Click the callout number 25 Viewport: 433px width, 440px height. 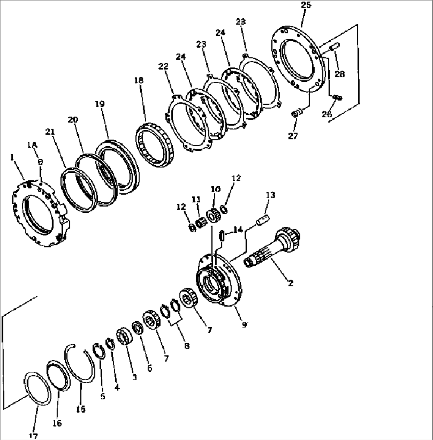(306, 6)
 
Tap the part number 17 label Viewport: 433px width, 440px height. (34, 436)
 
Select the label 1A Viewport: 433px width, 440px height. (33, 145)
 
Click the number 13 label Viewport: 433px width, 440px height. (271, 195)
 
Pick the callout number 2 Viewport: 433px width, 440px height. (290, 283)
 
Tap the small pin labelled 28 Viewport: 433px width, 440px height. (334, 48)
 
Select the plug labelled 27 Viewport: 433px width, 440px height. (295, 114)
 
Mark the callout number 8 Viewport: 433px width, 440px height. (186, 346)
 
